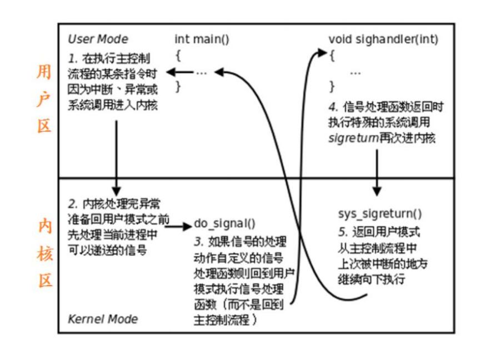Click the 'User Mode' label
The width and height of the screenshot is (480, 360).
pyautogui.click(x=97, y=39)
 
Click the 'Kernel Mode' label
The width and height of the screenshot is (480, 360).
pyautogui.click(x=102, y=319)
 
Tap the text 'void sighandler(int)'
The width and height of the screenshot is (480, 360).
pyautogui.click(x=383, y=39)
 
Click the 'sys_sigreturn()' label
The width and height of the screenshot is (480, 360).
pyautogui.click(x=380, y=214)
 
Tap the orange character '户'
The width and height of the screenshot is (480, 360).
pyautogui.click(x=44, y=99)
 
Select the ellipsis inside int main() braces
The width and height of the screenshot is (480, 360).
pyautogui.click(x=202, y=72)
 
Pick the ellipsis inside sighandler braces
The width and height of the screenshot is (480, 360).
pyautogui.click(x=356, y=72)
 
